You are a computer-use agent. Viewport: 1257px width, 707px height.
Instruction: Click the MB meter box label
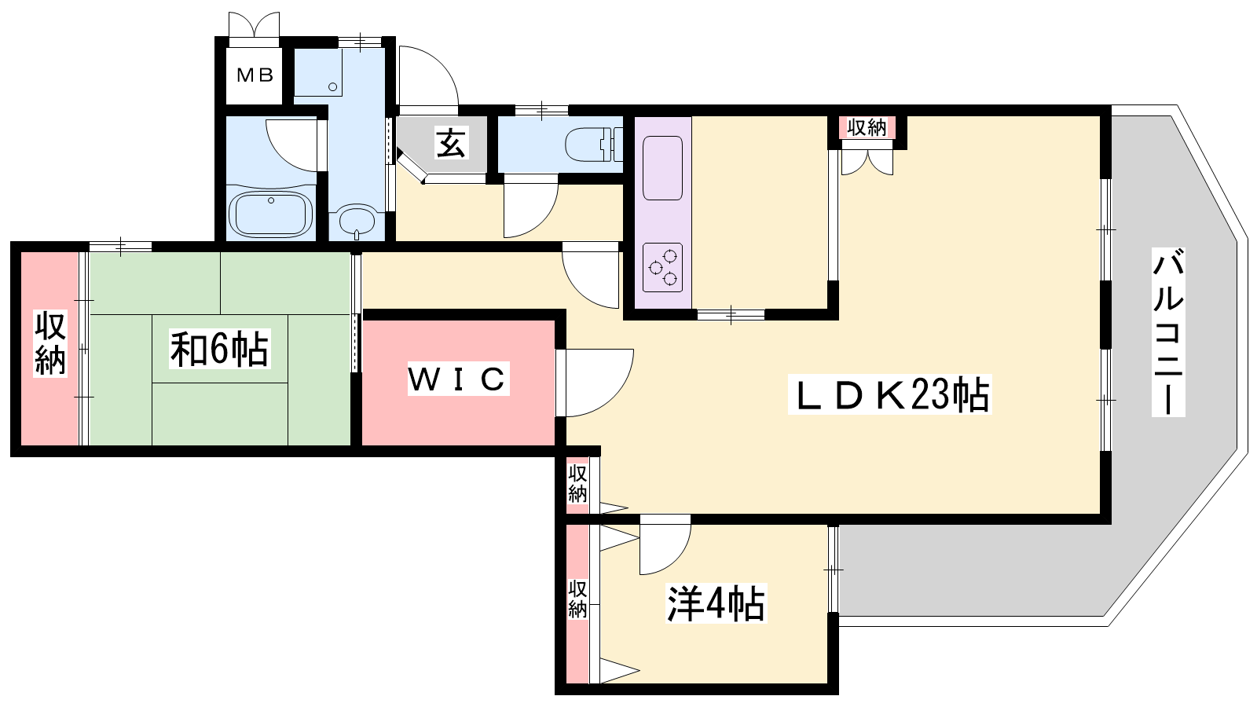(x=255, y=75)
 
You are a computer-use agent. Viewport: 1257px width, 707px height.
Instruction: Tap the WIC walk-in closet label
(x=458, y=379)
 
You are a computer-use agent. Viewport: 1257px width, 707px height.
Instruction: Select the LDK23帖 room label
(x=889, y=394)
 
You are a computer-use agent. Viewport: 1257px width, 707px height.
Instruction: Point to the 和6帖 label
(x=219, y=349)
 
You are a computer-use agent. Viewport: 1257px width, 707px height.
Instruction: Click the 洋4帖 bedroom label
(x=716, y=603)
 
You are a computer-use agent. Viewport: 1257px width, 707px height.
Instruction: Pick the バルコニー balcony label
(x=1168, y=332)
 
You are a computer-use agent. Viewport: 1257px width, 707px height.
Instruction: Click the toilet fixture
(x=594, y=145)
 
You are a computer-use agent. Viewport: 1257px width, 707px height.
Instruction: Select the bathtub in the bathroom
(x=270, y=214)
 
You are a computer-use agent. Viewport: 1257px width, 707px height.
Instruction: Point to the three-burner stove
(x=663, y=267)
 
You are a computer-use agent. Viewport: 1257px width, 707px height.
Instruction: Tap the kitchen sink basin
(x=663, y=168)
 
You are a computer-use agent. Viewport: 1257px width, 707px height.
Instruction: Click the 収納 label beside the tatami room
(x=50, y=343)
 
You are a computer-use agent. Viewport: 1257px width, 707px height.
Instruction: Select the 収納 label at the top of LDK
(x=867, y=128)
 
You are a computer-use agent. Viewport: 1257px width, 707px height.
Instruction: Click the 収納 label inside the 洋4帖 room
(x=577, y=599)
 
